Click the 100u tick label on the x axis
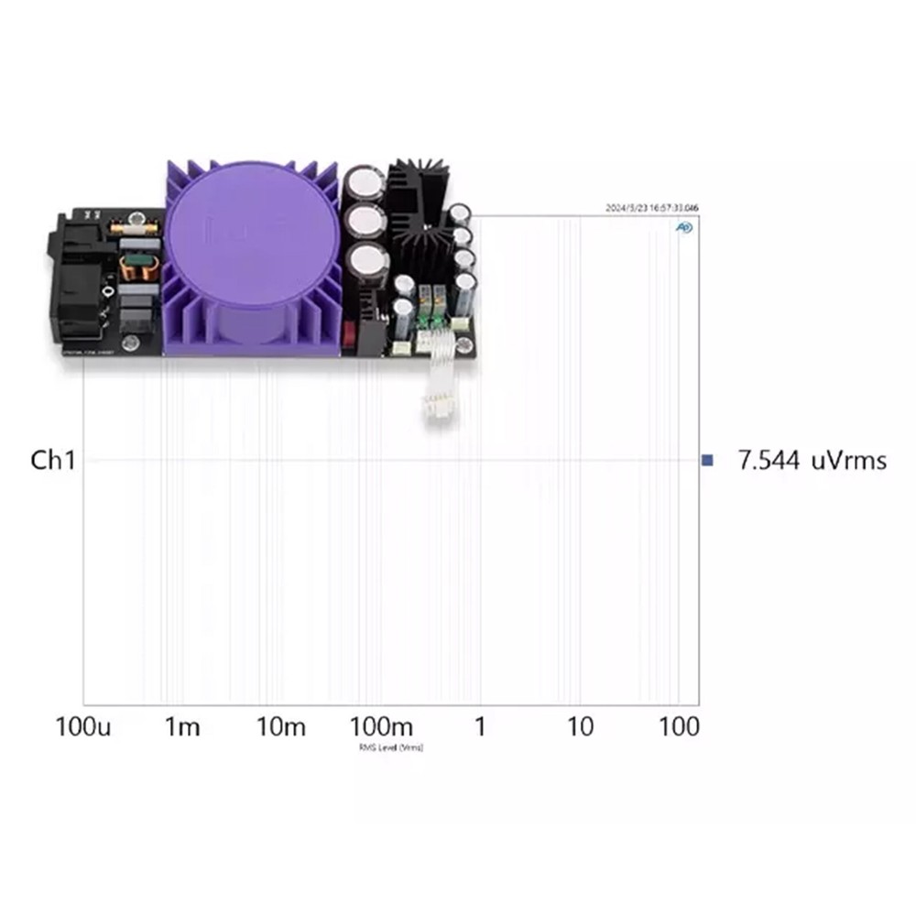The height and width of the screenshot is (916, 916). pos(83,727)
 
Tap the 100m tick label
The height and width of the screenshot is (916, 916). pos(381,727)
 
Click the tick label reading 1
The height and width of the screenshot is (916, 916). pos(479,727)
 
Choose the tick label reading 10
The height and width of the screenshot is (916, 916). pos(580,727)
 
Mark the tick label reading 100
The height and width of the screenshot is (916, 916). pos(679,727)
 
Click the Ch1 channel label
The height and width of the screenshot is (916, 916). pos(52,460)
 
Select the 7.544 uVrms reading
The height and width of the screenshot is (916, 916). pos(812,460)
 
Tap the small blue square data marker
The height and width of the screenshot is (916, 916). pos(706,461)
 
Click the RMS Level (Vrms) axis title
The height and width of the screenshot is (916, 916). pos(391,747)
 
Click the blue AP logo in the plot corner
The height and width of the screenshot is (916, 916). pos(683,228)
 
